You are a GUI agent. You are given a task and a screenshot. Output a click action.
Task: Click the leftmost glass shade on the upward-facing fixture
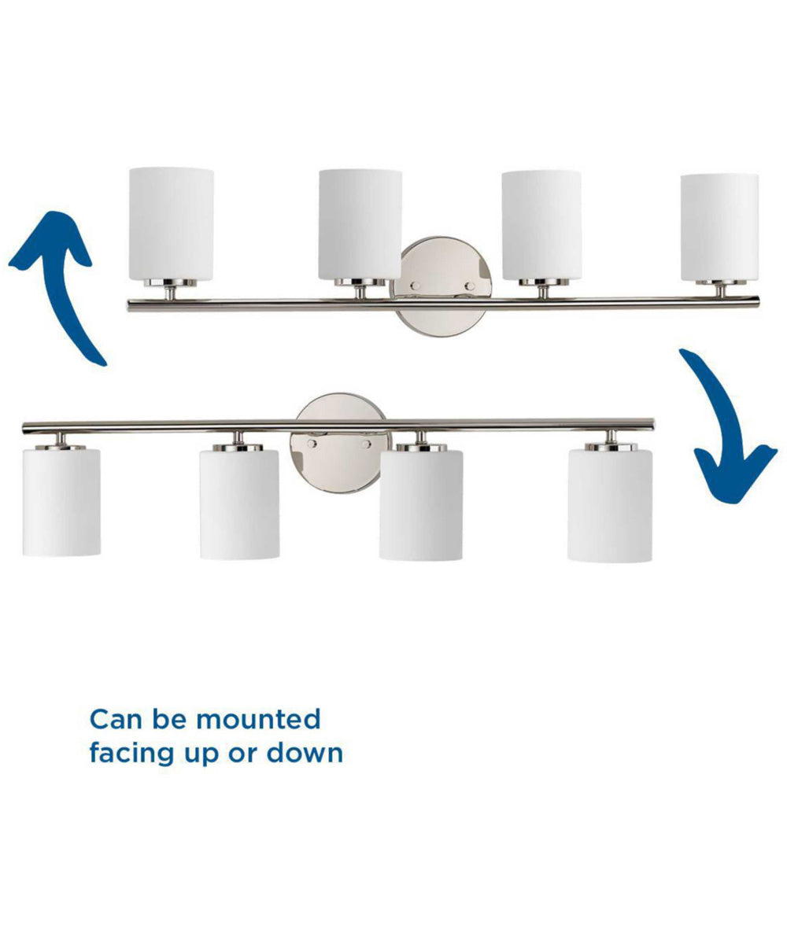pyautogui.click(x=172, y=223)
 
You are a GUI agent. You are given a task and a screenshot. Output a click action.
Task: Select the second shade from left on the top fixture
pyautogui.click(x=360, y=224)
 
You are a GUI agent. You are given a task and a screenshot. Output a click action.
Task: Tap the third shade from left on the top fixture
pyautogui.click(x=541, y=225)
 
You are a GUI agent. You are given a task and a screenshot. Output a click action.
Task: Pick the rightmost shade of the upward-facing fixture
pyautogui.click(x=719, y=227)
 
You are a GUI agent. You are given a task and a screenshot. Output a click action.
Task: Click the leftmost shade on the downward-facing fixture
pyautogui.click(x=61, y=502)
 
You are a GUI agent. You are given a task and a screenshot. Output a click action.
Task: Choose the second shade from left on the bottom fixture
pyautogui.click(x=239, y=504)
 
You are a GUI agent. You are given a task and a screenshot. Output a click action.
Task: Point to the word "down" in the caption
pyautogui.click(x=304, y=753)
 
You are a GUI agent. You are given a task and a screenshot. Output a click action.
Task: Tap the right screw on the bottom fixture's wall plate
pyautogui.click(x=366, y=444)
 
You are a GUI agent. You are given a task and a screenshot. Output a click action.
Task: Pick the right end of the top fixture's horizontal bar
pyautogui.click(x=756, y=300)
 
